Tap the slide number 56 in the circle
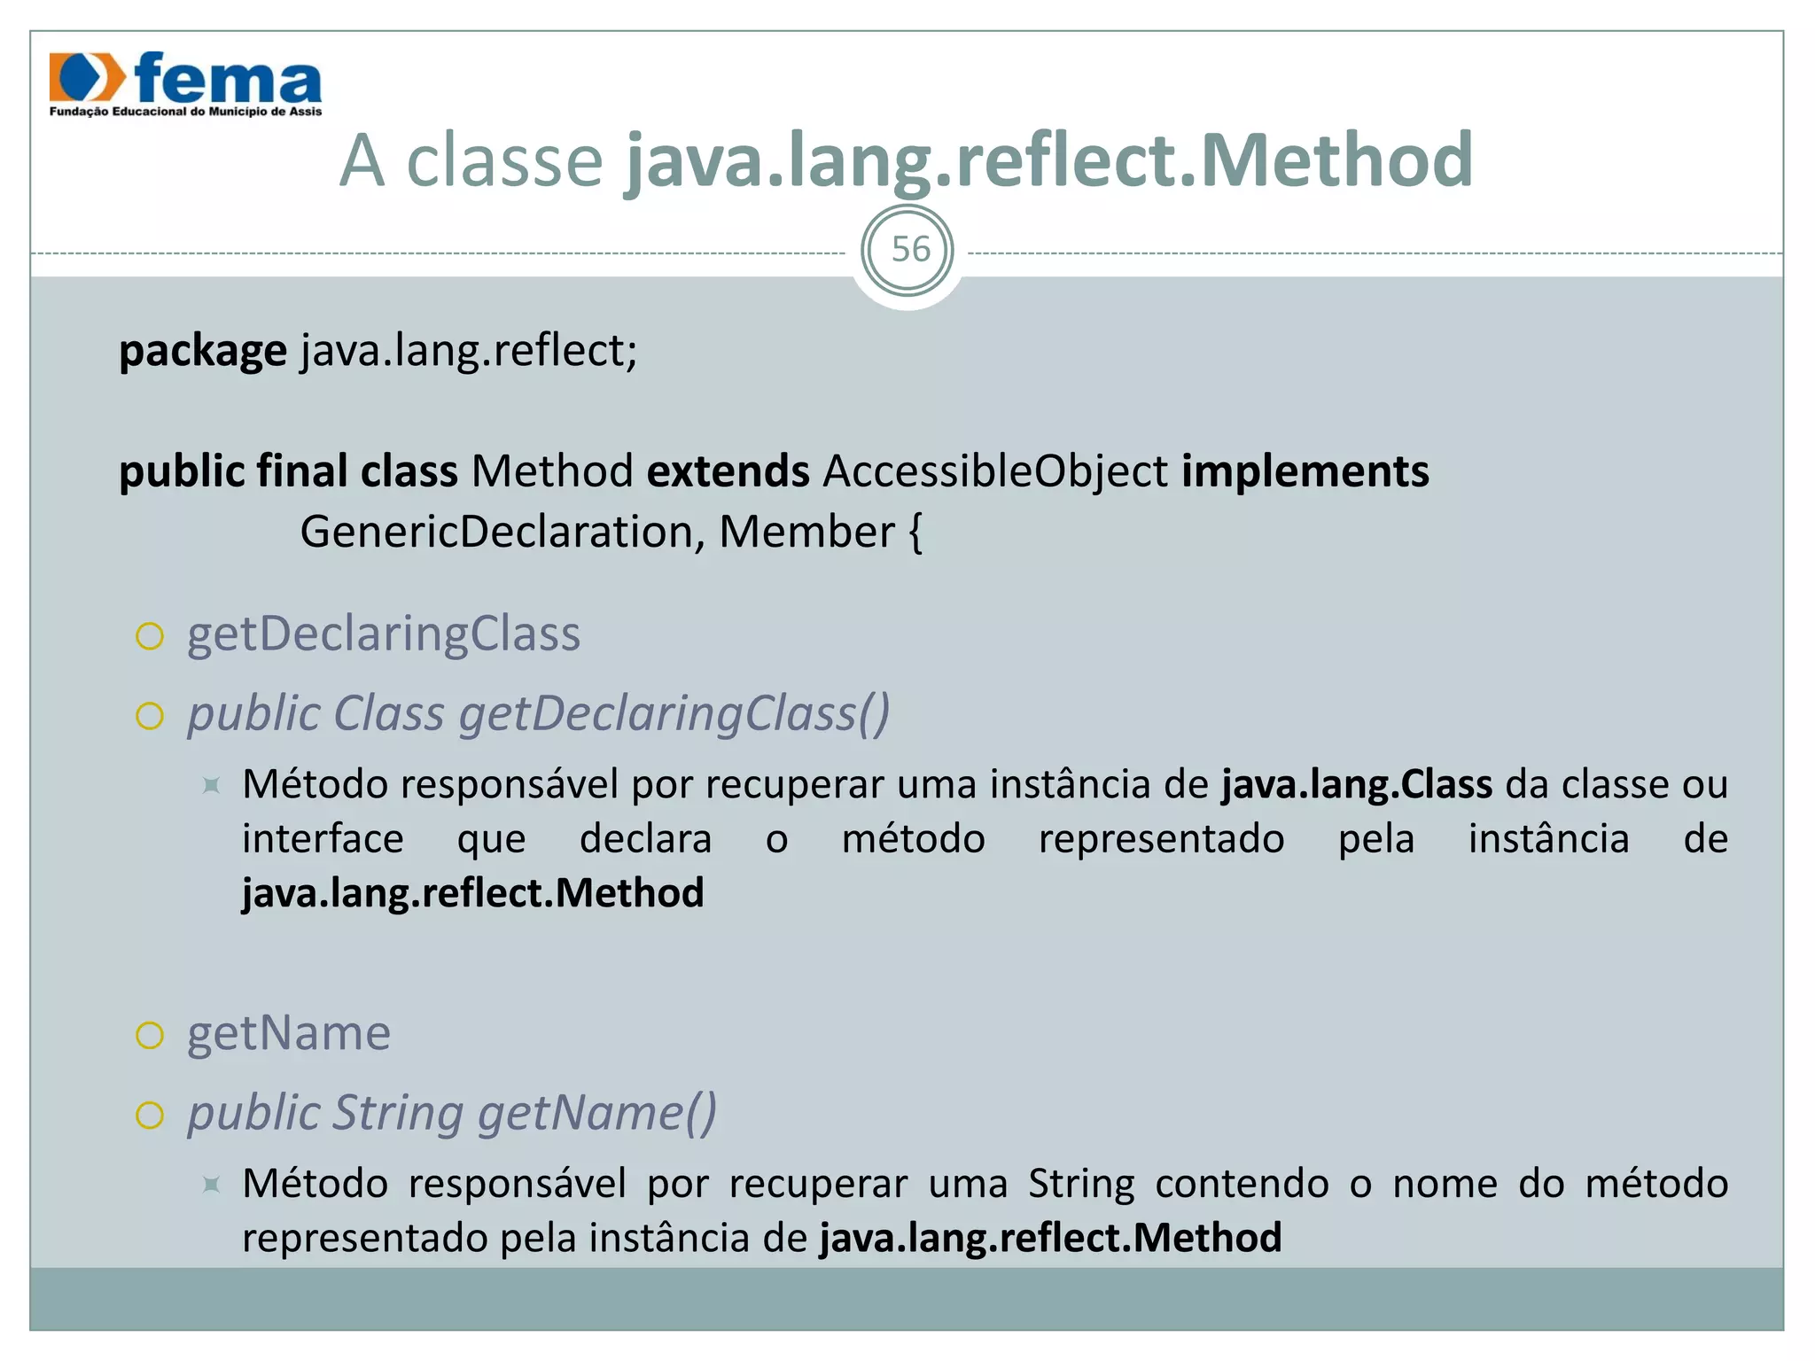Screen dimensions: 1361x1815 click(910, 250)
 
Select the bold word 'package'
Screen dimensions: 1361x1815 click(203, 351)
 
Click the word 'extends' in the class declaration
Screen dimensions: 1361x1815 click(728, 471)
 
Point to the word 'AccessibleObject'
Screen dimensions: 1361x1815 click(995, 471)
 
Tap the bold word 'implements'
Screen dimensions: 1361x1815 click(1305, 471)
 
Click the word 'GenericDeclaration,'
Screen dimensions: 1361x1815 click(502, 533)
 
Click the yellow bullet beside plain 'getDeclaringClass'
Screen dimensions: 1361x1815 click(150, 636)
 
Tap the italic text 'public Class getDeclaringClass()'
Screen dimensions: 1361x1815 click(538, 713)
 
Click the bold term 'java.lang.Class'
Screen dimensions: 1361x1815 click(1357, 785)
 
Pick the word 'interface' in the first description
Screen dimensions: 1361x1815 click(323, 839)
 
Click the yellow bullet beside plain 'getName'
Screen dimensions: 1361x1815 click(150, 1035)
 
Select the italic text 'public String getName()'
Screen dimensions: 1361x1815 click(451, 1113)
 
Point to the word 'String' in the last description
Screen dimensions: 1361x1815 click(1081, 1184)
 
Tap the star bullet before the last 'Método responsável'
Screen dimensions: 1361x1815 click(211, 1184)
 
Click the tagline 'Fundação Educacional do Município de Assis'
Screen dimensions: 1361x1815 click(185, 112)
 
